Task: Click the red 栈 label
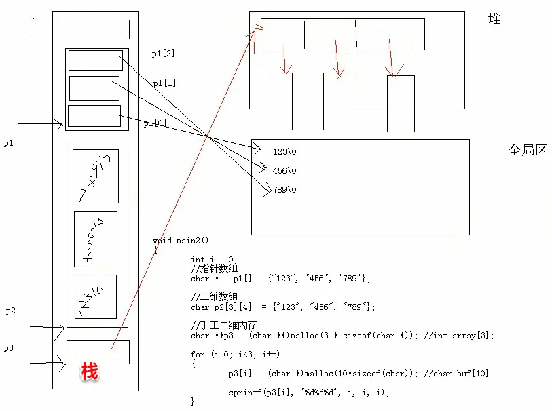click(x=90, y=371)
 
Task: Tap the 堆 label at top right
click(x=494, y=19)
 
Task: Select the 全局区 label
click(x=528, y=150)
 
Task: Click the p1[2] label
click(x=164, y=53)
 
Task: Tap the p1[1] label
click(x=165, y=83)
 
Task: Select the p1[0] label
click(x=155, y=123)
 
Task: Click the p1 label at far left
click(x=8, y=144)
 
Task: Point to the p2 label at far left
click(x=11, y=311)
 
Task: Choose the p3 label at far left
click(x=8, y=348)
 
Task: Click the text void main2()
click(x=181, y=241)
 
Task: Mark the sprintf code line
click(x=310, y=393)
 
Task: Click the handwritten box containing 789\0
click(x=95, y=176)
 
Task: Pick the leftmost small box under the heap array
click(x=281, y=100)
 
